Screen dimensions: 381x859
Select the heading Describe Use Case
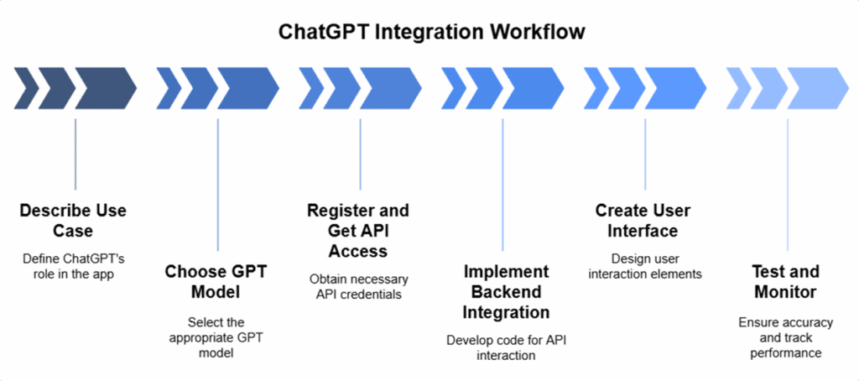[75, 220]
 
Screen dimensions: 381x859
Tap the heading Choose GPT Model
[217, 282]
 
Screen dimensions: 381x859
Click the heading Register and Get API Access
[359, 230]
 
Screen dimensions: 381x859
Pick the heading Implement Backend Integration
[503, 292]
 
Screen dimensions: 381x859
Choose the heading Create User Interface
[644, 220]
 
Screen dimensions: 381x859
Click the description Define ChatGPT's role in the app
[75, 264]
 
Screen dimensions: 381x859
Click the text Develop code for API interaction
[503, 347]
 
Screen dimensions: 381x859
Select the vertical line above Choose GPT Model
[217, 185]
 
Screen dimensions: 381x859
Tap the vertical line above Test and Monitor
[788, 185]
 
